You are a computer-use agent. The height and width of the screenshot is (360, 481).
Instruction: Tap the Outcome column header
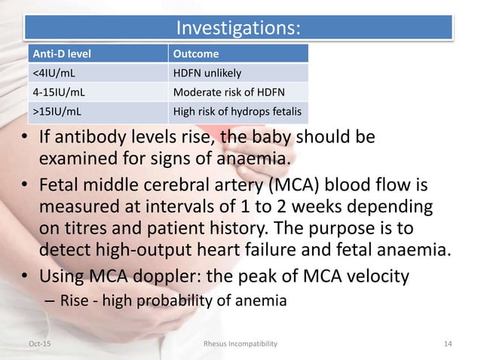click(196, 54)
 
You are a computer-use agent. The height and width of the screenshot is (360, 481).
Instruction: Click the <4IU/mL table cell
click(49, 74)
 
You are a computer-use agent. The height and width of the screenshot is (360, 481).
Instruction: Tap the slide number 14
click(448, 343)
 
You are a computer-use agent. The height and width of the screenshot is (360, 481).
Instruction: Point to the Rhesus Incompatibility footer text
click(240, 343)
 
